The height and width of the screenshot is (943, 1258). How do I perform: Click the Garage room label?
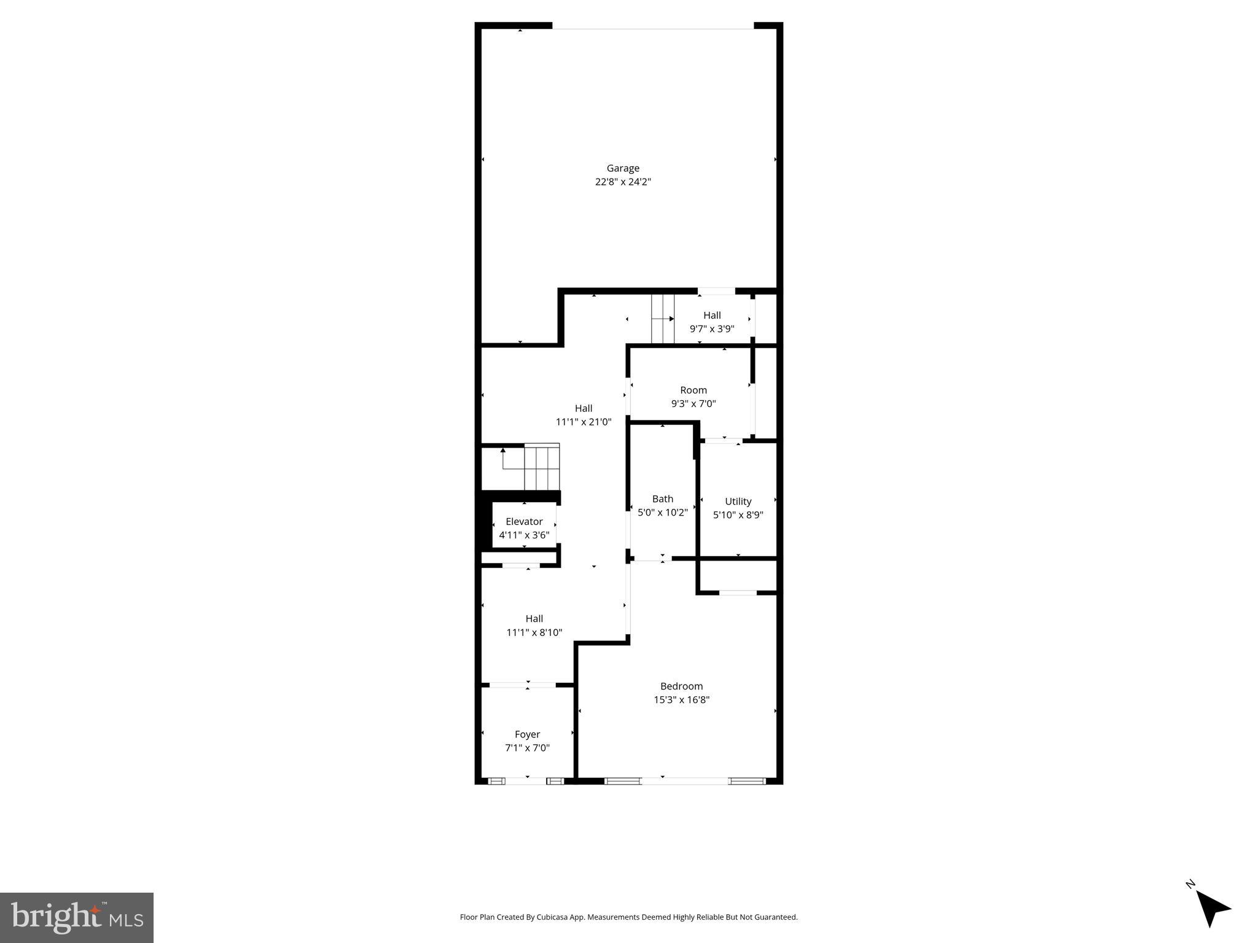tap(623, 168)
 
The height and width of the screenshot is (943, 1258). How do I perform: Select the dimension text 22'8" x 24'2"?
tap(623, 182)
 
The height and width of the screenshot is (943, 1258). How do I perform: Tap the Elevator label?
tap(524, 521)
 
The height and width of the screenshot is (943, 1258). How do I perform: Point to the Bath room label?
tap(662, 499)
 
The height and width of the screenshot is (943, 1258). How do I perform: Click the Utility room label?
tap(738, 501)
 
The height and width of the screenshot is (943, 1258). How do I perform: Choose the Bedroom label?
tap(681, 686)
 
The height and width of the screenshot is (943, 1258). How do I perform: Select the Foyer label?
tap(527, 734)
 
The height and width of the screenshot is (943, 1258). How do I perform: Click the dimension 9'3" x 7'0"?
tap(693, 403)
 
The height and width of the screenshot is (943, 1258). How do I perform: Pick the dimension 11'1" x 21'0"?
tap(584, 422)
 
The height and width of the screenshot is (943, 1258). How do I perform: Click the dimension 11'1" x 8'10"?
tap(534, 632)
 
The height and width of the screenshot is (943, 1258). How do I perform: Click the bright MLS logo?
tap(77, 917)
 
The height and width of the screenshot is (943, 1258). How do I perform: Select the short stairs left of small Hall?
tap(663, 319)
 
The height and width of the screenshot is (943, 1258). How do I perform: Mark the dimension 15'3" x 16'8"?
tap(681, 699)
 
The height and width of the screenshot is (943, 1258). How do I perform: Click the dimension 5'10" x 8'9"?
tap(738, 514)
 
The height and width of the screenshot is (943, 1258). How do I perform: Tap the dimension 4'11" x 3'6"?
tap(524, 535)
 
